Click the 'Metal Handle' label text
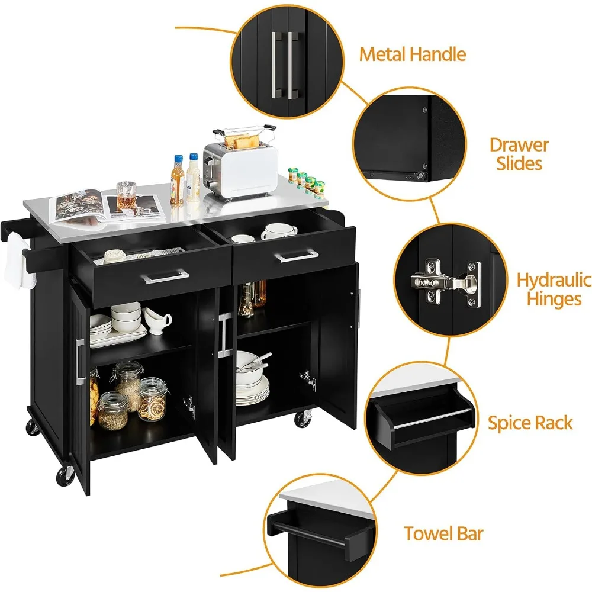coord(413,55)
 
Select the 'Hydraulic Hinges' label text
coord(553,289)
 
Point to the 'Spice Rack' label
coord(530,423)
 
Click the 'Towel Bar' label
coord(443,533)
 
